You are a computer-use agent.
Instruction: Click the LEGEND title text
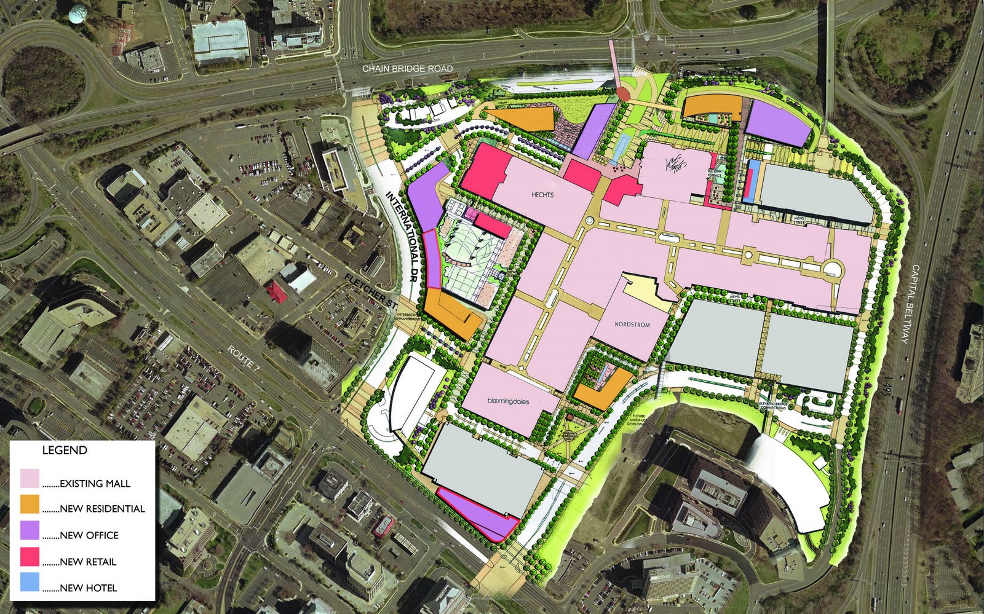point(65,450)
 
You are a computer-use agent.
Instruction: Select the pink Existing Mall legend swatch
point(30,478)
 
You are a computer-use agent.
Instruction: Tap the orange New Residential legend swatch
point(30,504)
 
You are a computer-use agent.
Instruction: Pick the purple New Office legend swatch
point(30,530)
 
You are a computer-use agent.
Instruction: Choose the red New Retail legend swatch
point(30,557)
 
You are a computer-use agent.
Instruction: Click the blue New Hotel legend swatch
point(30,583)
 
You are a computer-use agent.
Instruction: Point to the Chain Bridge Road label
point(407,69)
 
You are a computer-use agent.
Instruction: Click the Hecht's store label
point(542,195)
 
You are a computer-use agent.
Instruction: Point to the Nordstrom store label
point(632,325)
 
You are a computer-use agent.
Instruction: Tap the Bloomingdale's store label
point(508,401)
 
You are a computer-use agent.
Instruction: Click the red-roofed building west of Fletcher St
point(277,292)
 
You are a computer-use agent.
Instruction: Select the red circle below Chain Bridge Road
point(622,93)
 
